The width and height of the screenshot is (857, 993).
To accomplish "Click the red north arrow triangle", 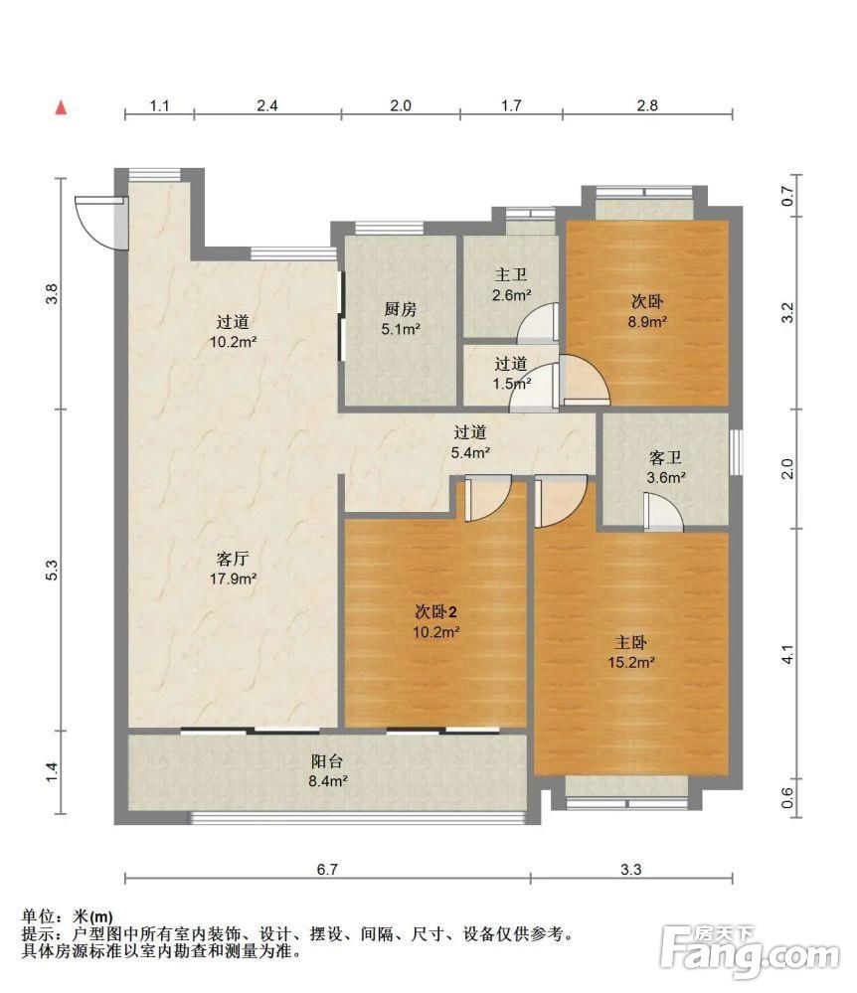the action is pyautogui.click(x=61, y=107).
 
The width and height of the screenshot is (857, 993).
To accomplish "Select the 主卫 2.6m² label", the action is pyautogui.click(x=511, y=284).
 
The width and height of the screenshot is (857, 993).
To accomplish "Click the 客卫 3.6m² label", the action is pyautogui.click(x=666, y=467).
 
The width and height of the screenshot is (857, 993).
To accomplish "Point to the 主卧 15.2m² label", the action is pyautogui.click(x=631, y=652).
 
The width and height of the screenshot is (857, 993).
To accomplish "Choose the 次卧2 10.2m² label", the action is pyautogui.click(x=435, y=621).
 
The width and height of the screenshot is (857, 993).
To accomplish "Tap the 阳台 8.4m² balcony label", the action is pyautogui.click(x=327, y=770).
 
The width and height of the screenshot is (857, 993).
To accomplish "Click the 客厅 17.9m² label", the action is pyautogui.click(x=233, y=568).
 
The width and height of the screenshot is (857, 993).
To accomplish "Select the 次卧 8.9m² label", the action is pyautogui.click(x=646, y=311).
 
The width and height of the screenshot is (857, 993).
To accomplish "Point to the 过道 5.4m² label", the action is pyautogui.click(x=470, y=442).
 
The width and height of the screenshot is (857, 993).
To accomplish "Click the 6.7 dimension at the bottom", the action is pyautogui.click(x=327, y=869).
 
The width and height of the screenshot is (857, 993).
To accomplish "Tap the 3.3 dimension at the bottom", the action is pyautogui.click(x=631, y=869).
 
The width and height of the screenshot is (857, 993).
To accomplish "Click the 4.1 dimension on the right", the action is pyautogui.click(x=787, y=654).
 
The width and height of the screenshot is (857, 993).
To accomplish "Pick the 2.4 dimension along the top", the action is pyautogui.click(x=267, y=105).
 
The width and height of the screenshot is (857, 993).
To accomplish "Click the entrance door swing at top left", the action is pyautogui.click(x=101, y=223).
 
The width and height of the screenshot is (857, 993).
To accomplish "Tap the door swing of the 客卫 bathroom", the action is pyautogui.click(x=664, y=512).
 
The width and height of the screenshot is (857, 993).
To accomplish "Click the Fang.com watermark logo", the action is pyautogui.click(x=750, y=951).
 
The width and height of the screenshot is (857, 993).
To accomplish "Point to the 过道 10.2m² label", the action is pyautogui.click(x=233, y=332).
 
